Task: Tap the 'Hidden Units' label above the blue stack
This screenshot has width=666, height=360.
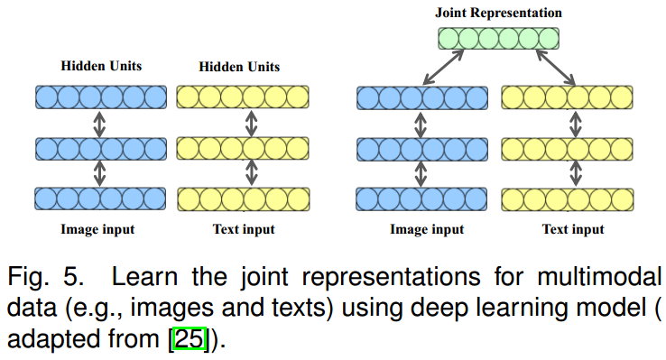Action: [x=101, y=67]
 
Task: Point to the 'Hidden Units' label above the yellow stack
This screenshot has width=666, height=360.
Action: [x=239, y=67]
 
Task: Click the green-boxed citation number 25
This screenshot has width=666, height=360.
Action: [x=190, y=342]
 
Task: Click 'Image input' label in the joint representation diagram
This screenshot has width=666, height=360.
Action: [x=427, y=229]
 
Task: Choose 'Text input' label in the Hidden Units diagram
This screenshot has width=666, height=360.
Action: [x=244, y=229]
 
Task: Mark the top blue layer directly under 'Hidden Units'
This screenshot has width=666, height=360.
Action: [x=101, y=97]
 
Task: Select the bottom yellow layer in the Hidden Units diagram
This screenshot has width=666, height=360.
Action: [x=244, y=198]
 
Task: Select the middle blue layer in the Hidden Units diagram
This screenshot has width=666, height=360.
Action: [x=101, y=147]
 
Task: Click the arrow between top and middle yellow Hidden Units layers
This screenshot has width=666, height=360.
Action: [x=244, y=122]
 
